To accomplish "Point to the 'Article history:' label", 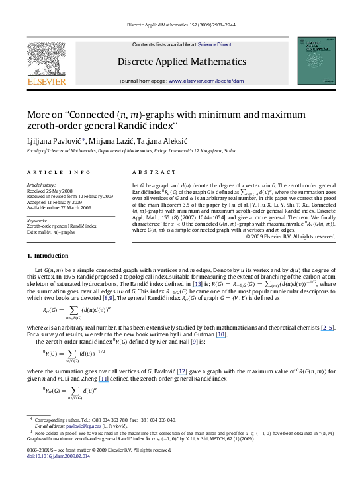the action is (42, 181).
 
